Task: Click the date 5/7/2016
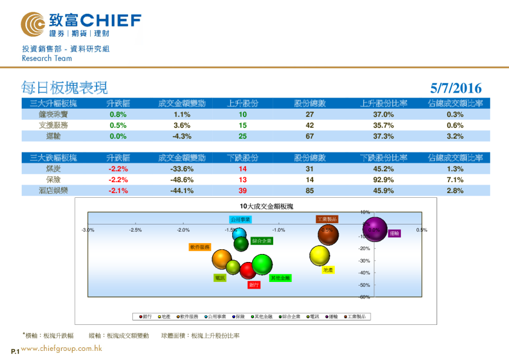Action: pos(457,88)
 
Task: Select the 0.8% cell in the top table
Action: pos(118,114)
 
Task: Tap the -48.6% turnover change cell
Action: pos(182,180)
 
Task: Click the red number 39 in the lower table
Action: pos(242,191)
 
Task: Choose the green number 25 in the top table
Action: pos(242,136)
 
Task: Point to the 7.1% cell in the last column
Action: pos(455,180)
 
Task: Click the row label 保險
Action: pos(54,180)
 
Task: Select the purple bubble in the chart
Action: pos(375,229)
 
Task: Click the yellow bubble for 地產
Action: pos(320,255)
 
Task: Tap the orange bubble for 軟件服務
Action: pos(222,259)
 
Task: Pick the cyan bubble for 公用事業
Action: pos(239,235)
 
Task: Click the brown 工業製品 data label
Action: pos(326,219)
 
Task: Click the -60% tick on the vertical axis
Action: pos(365,297)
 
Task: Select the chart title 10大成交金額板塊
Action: pos(266,206)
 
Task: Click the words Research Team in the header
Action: pos(47,59)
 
